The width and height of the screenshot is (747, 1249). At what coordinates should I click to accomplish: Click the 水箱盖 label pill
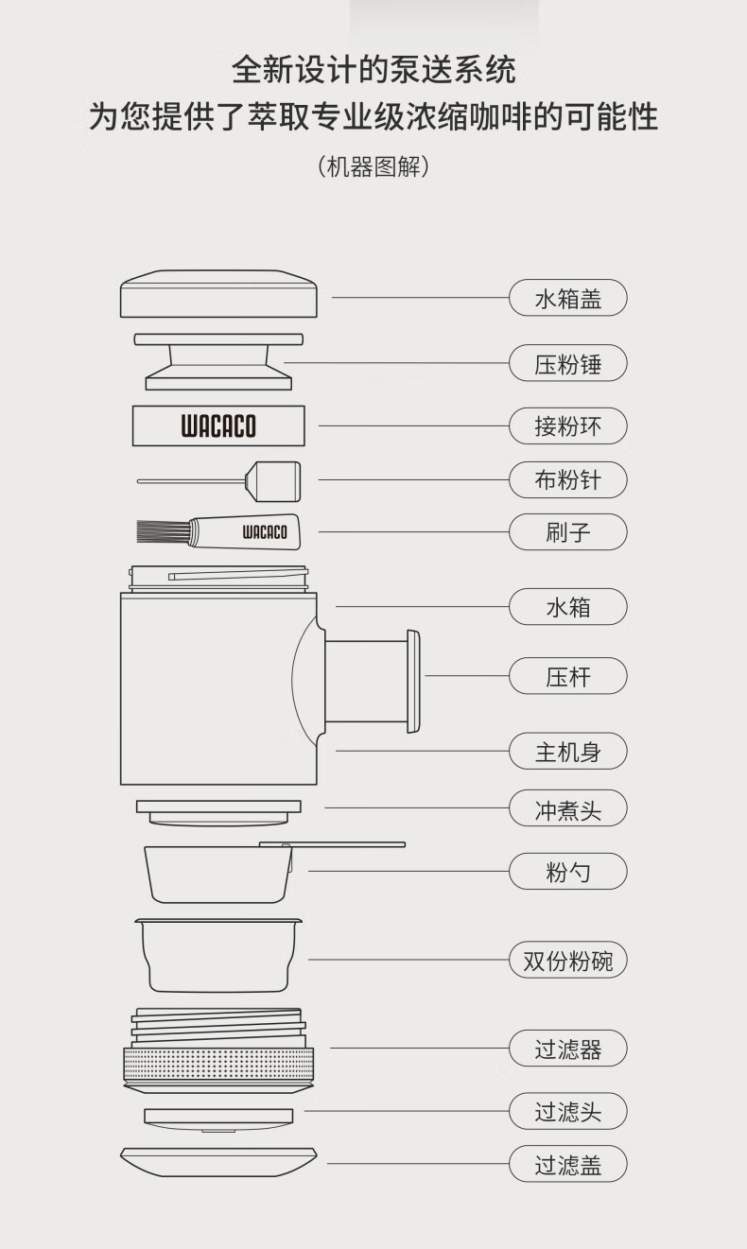tap(567, 298)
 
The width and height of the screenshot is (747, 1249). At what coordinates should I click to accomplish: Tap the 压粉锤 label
tap(567, 363)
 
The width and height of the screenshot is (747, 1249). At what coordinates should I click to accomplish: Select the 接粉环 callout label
tap(567, 426)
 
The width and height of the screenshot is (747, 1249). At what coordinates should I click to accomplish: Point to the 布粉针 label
tap(567, 479)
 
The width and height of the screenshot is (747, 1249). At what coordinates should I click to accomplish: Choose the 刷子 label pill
tap(567, 532)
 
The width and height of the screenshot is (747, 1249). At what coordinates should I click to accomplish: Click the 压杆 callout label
tap(567, 676)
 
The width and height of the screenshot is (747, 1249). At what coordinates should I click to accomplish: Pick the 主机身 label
tap(567, 751)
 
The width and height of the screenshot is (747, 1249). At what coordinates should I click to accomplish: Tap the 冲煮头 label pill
tap(567, 808)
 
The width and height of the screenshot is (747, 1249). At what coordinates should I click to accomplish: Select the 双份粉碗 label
tap(567, 960)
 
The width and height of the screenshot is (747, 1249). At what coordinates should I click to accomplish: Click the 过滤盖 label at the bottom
tap(567, 1164)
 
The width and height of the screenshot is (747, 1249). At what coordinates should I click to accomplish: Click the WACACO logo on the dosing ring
tap(218, 426)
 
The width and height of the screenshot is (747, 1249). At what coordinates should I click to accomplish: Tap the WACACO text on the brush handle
tap(265, 532)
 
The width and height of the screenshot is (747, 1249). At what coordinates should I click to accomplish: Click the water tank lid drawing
tap(218, 294)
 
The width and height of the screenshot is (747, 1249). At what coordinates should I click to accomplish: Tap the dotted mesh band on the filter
tap(218, 1065)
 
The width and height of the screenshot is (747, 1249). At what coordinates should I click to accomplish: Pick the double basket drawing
tap(218, 956)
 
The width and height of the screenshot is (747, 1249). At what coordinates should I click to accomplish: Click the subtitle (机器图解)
tap(373, 166)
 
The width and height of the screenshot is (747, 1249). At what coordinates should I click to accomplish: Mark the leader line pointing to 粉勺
tap(408, 871)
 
